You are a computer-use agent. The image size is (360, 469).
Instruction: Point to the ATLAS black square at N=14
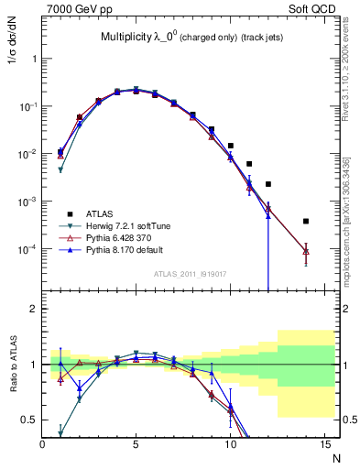tap(306, 221)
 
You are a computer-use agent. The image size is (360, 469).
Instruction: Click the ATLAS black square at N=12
tap(268, 184)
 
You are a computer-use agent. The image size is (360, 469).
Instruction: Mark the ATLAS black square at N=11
tap(249, 164)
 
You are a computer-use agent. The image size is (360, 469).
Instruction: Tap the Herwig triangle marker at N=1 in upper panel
tap(60, 170)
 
